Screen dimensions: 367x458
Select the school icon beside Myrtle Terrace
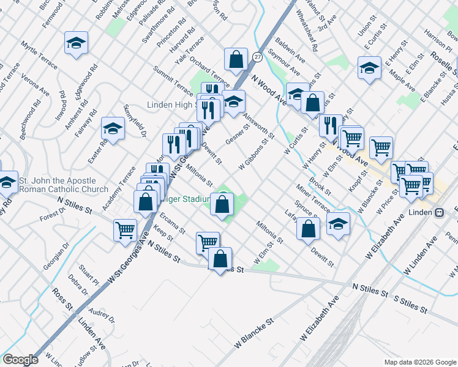tap(76, 43)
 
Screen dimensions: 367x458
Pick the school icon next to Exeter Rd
tap(113, 129)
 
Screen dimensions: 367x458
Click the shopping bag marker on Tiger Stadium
tap(222, 204)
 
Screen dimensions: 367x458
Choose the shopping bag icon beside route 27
tap(236, 60)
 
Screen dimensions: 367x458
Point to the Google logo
tap(21, 360)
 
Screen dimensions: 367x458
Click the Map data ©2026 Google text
tap(419, 362)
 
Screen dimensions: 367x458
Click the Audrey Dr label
tap(102, 314)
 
